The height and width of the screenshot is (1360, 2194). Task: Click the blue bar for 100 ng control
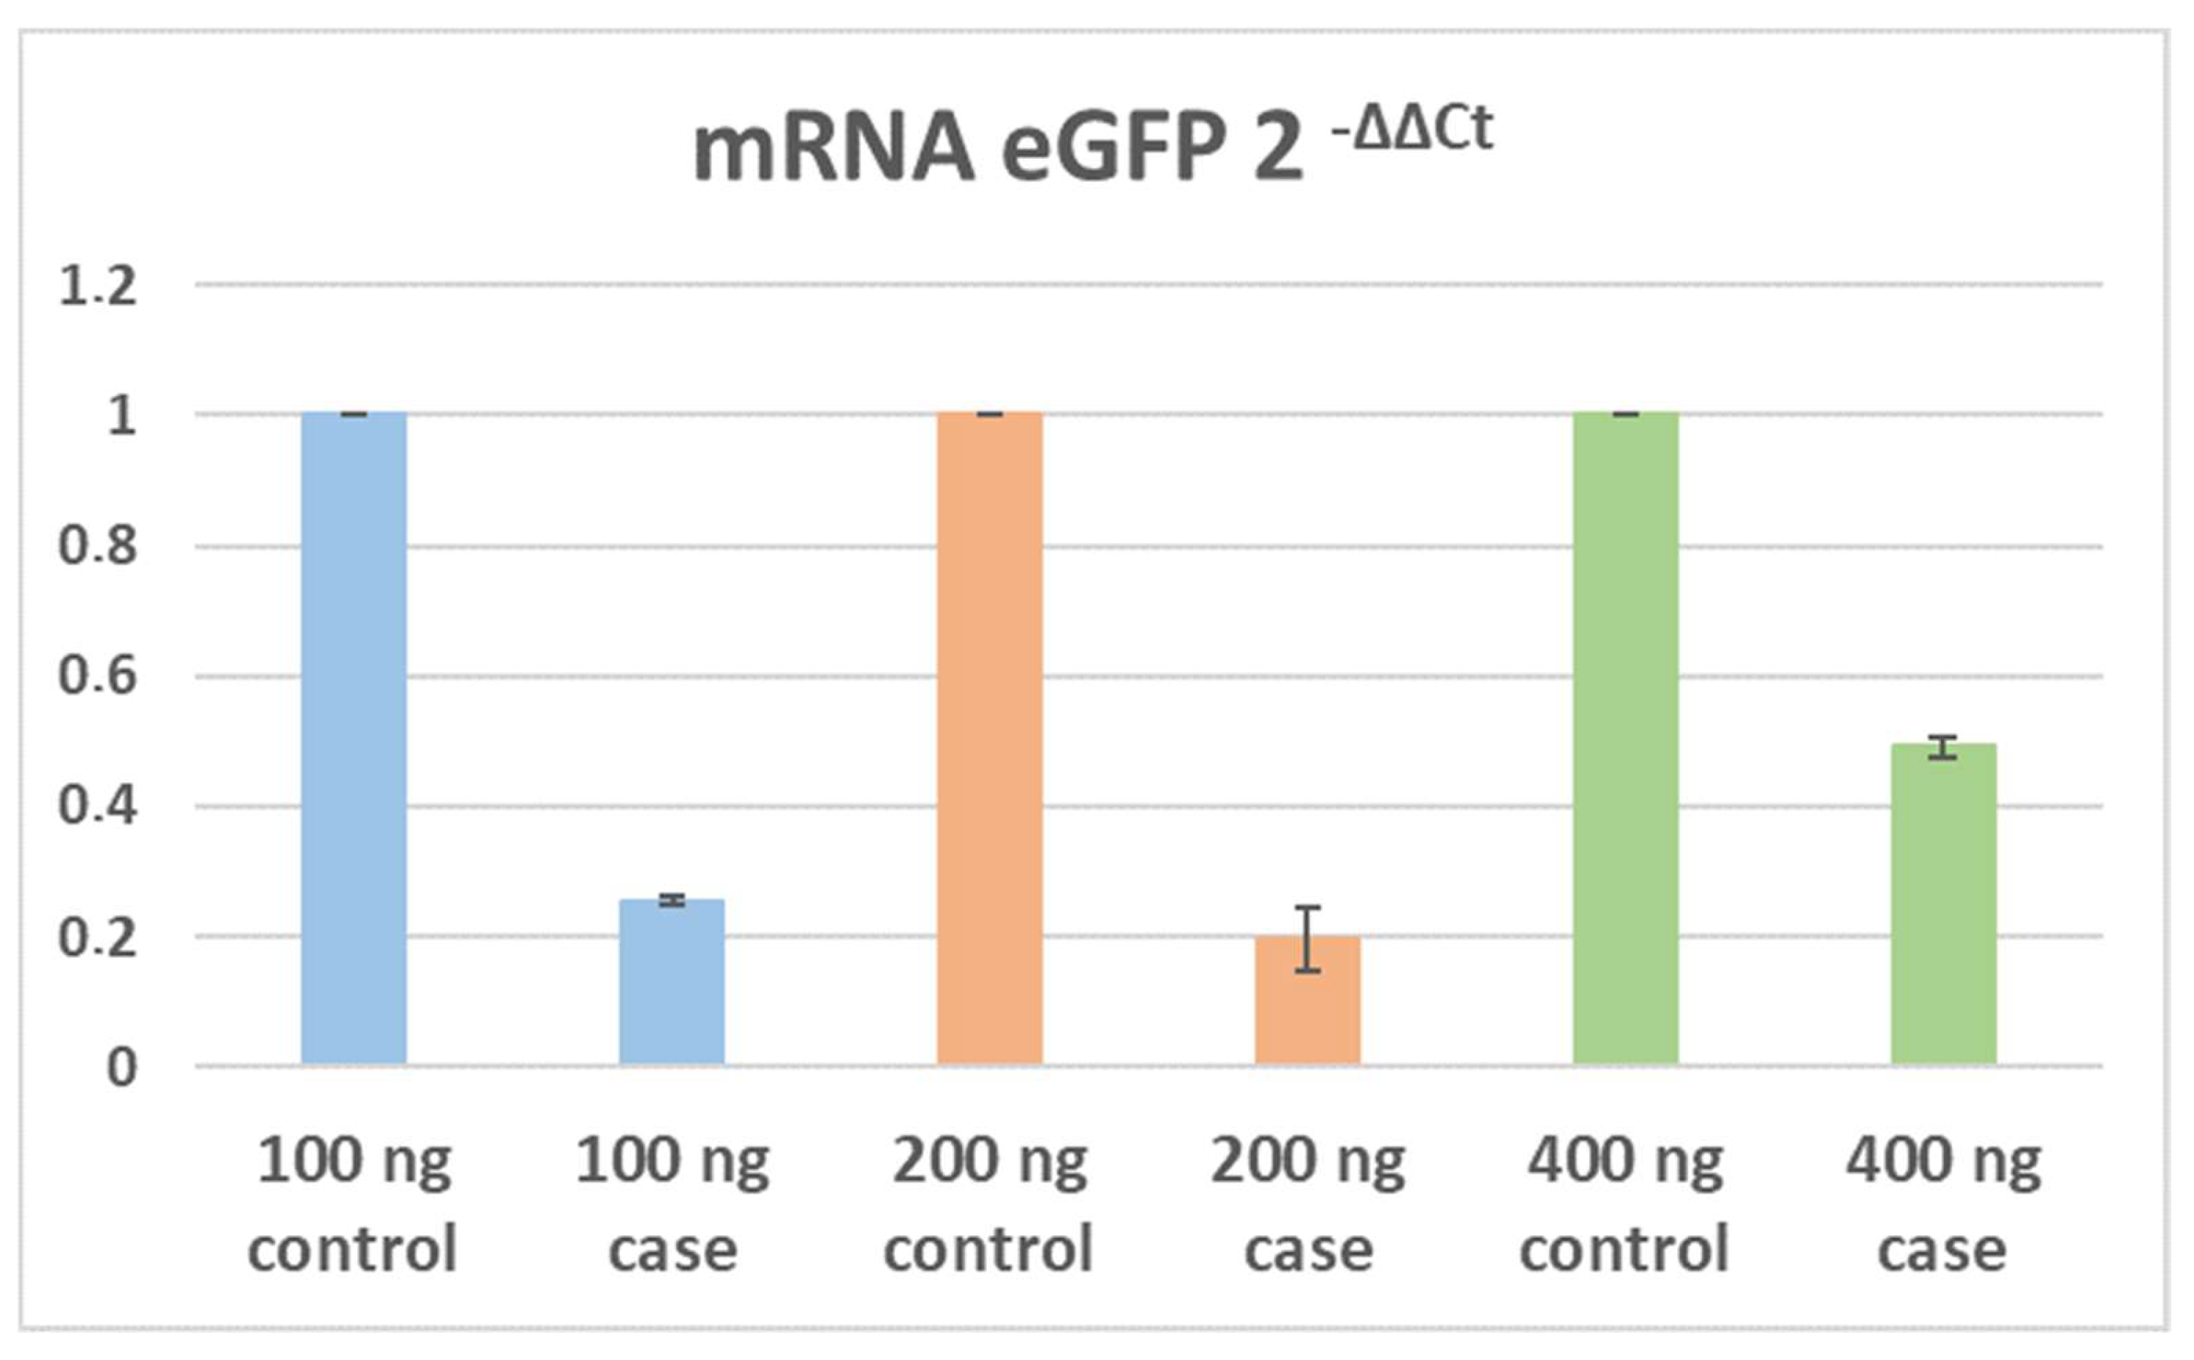[354, 737]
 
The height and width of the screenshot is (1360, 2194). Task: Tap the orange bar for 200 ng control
[989, 737]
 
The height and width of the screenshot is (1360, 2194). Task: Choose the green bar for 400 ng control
[1624, 737]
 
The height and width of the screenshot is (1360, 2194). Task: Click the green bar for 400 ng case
[1943, 904]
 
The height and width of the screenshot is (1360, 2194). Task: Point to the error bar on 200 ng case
[1307, 938]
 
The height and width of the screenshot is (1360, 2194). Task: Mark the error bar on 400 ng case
[1943, 748]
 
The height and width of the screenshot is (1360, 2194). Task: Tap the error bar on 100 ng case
[671, 900]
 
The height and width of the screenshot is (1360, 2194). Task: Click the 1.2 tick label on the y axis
[97, 287]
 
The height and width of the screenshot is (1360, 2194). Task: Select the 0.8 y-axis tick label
[97, 547]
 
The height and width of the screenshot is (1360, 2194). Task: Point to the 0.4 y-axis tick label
[97, 806]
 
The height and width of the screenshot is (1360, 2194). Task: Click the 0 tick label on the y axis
[121, 1068]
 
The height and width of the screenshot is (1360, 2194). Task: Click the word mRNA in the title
[833, 151]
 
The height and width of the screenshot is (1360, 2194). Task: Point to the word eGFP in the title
[1111, 151]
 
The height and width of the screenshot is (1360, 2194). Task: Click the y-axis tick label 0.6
[97, 675]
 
